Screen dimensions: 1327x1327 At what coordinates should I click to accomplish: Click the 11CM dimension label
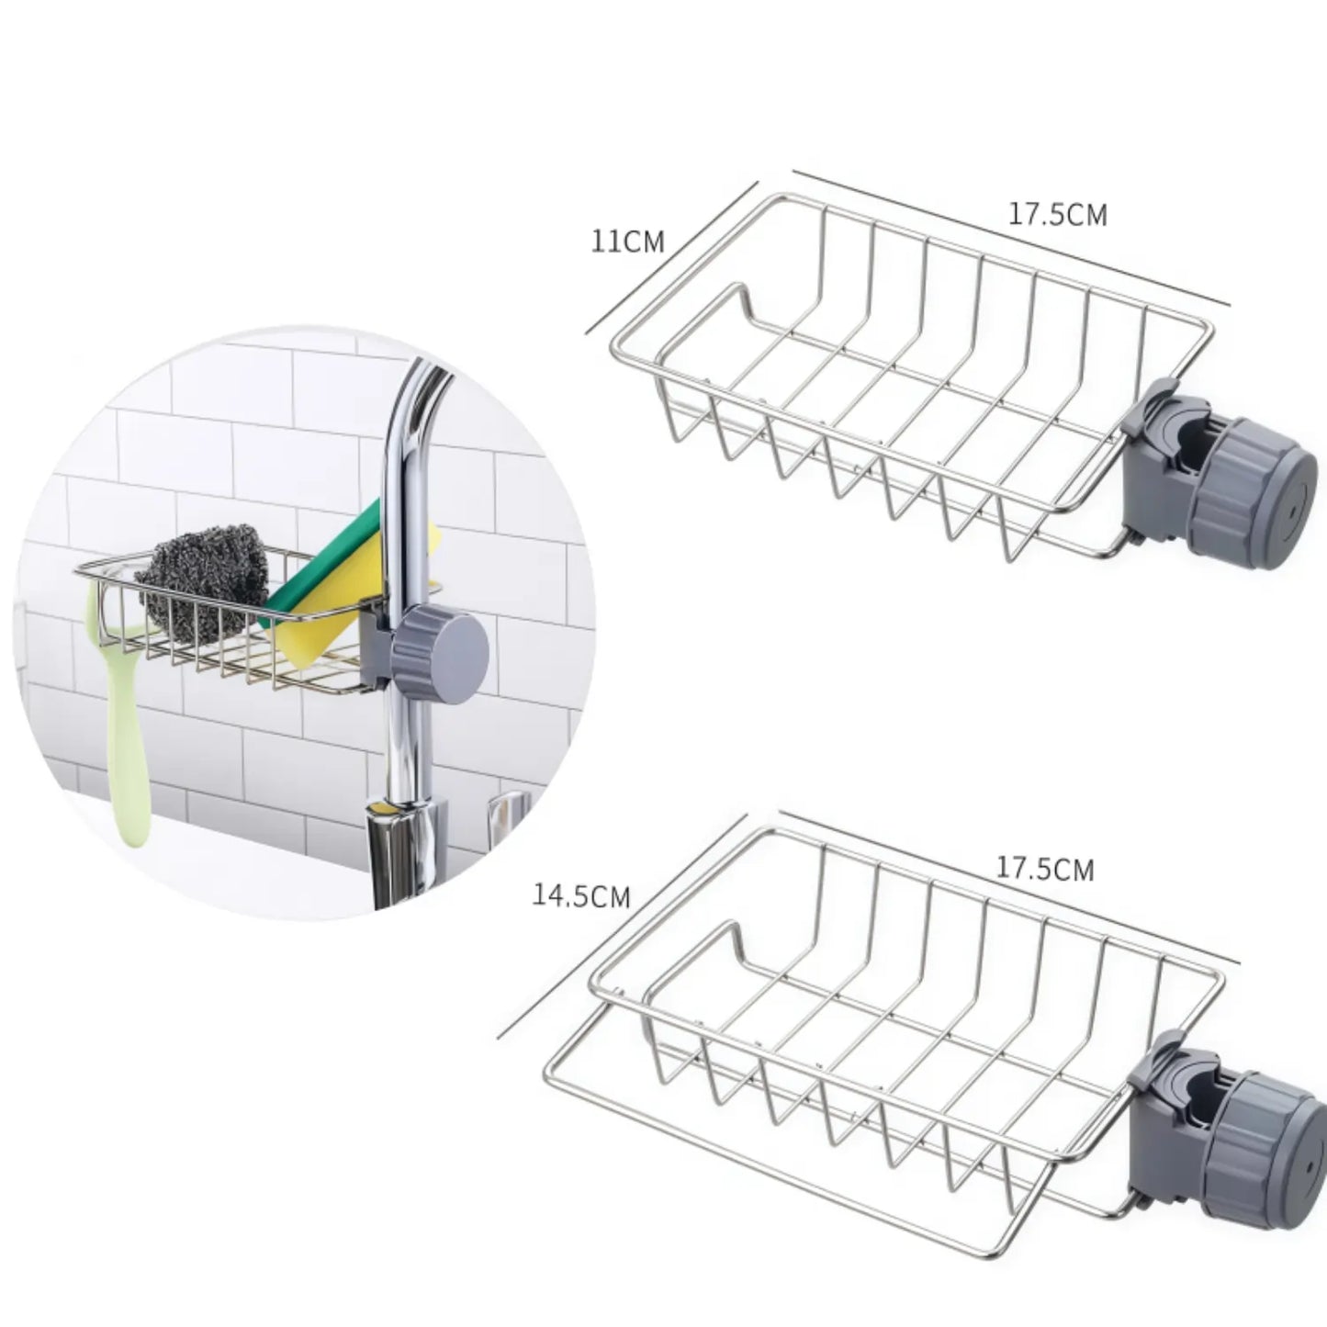point(628,242)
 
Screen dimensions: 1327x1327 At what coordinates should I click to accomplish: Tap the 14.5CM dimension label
point(581,896)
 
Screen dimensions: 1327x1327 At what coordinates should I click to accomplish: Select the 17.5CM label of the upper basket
point(1058,214)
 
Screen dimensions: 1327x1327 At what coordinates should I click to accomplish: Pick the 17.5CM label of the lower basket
point(1045,869)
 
